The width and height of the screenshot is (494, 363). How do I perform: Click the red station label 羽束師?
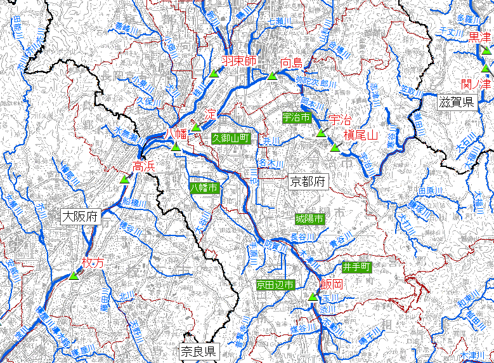(x=239, y=61)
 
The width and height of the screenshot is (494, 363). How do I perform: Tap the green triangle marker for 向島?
(x=271, y=76)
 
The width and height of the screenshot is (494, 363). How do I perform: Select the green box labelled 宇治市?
(x=296, y=117)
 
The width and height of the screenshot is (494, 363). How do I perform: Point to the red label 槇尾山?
(x=360, y=135)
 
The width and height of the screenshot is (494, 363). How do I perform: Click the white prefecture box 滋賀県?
(x=457, y=102)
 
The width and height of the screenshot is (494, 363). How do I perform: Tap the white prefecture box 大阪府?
(x=81, y=216)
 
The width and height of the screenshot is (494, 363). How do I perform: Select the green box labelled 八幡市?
(x=204, y=187)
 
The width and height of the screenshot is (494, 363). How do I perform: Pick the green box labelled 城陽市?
(x=309, y=218)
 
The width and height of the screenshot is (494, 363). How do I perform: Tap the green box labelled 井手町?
(x=356, y=267)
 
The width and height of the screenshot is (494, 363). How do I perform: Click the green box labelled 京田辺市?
(x=275, y=286)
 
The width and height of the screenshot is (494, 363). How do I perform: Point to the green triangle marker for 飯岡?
(x=312, y=297)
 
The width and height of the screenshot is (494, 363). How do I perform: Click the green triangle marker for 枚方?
(x=74, y=276)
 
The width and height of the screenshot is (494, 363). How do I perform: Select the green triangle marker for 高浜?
(x=125, y=179)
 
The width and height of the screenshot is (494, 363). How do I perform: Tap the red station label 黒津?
(x=480, y=37)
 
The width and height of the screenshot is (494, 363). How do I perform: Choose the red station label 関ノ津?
(x=476, y=82)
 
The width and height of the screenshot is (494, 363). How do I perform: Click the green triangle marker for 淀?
(x=197, y=127)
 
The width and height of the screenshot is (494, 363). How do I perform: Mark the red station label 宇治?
(x=340, y=119)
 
